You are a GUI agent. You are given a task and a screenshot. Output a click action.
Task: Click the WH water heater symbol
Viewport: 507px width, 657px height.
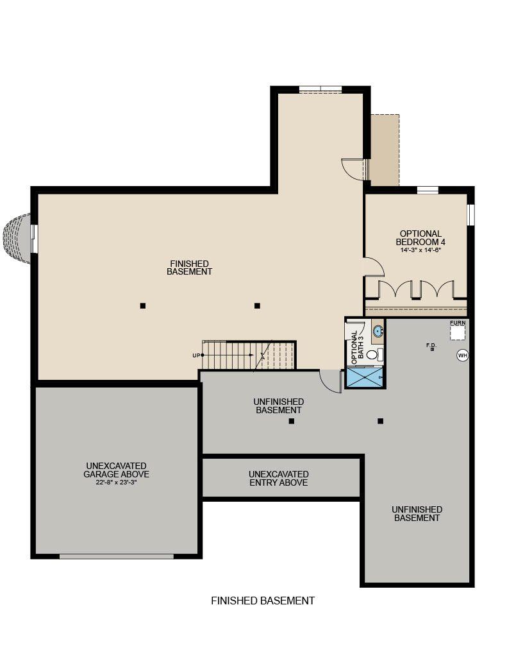point(462,355)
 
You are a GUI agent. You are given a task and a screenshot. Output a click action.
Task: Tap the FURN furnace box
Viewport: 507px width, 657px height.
point(457,332)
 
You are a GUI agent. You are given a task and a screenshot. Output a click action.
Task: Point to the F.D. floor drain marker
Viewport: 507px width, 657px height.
point(431,349)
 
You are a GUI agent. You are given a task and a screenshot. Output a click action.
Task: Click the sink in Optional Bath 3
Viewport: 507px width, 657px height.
point(378,330)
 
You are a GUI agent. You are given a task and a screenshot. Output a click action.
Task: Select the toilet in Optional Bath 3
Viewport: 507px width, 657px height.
point(374,355)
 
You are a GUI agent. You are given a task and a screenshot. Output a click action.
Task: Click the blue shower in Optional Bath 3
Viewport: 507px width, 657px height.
point(365,377)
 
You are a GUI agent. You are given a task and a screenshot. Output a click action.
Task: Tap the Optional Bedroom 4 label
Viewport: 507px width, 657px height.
point(420,237)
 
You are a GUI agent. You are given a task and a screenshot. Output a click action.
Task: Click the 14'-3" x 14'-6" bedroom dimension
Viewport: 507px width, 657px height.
point(420,250)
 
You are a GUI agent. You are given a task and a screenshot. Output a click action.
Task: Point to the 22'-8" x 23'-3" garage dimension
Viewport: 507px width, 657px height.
point(117,482)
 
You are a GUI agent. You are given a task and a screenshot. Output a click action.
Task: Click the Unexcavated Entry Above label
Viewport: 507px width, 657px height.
point(278,478)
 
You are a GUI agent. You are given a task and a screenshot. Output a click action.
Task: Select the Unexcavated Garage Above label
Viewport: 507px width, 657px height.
point(117,470)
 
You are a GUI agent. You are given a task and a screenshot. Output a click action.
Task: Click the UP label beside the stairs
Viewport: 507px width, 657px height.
point(196,355)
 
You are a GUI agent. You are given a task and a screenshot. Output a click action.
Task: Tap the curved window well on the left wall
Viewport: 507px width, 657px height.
point(17,239)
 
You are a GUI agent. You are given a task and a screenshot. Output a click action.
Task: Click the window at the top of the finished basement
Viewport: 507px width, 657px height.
point(320,89)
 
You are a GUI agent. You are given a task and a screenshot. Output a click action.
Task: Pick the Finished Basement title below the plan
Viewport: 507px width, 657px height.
point(263,601)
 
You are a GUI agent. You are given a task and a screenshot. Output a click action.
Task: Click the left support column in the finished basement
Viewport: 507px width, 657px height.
point(143,306)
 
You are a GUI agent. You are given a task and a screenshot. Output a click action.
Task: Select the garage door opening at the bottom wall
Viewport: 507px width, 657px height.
point(117,556)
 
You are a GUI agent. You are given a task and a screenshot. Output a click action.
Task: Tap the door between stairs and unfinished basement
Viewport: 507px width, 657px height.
point(330,381)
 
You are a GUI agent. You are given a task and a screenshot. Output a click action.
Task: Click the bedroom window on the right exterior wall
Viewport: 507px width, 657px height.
point(471,214)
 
